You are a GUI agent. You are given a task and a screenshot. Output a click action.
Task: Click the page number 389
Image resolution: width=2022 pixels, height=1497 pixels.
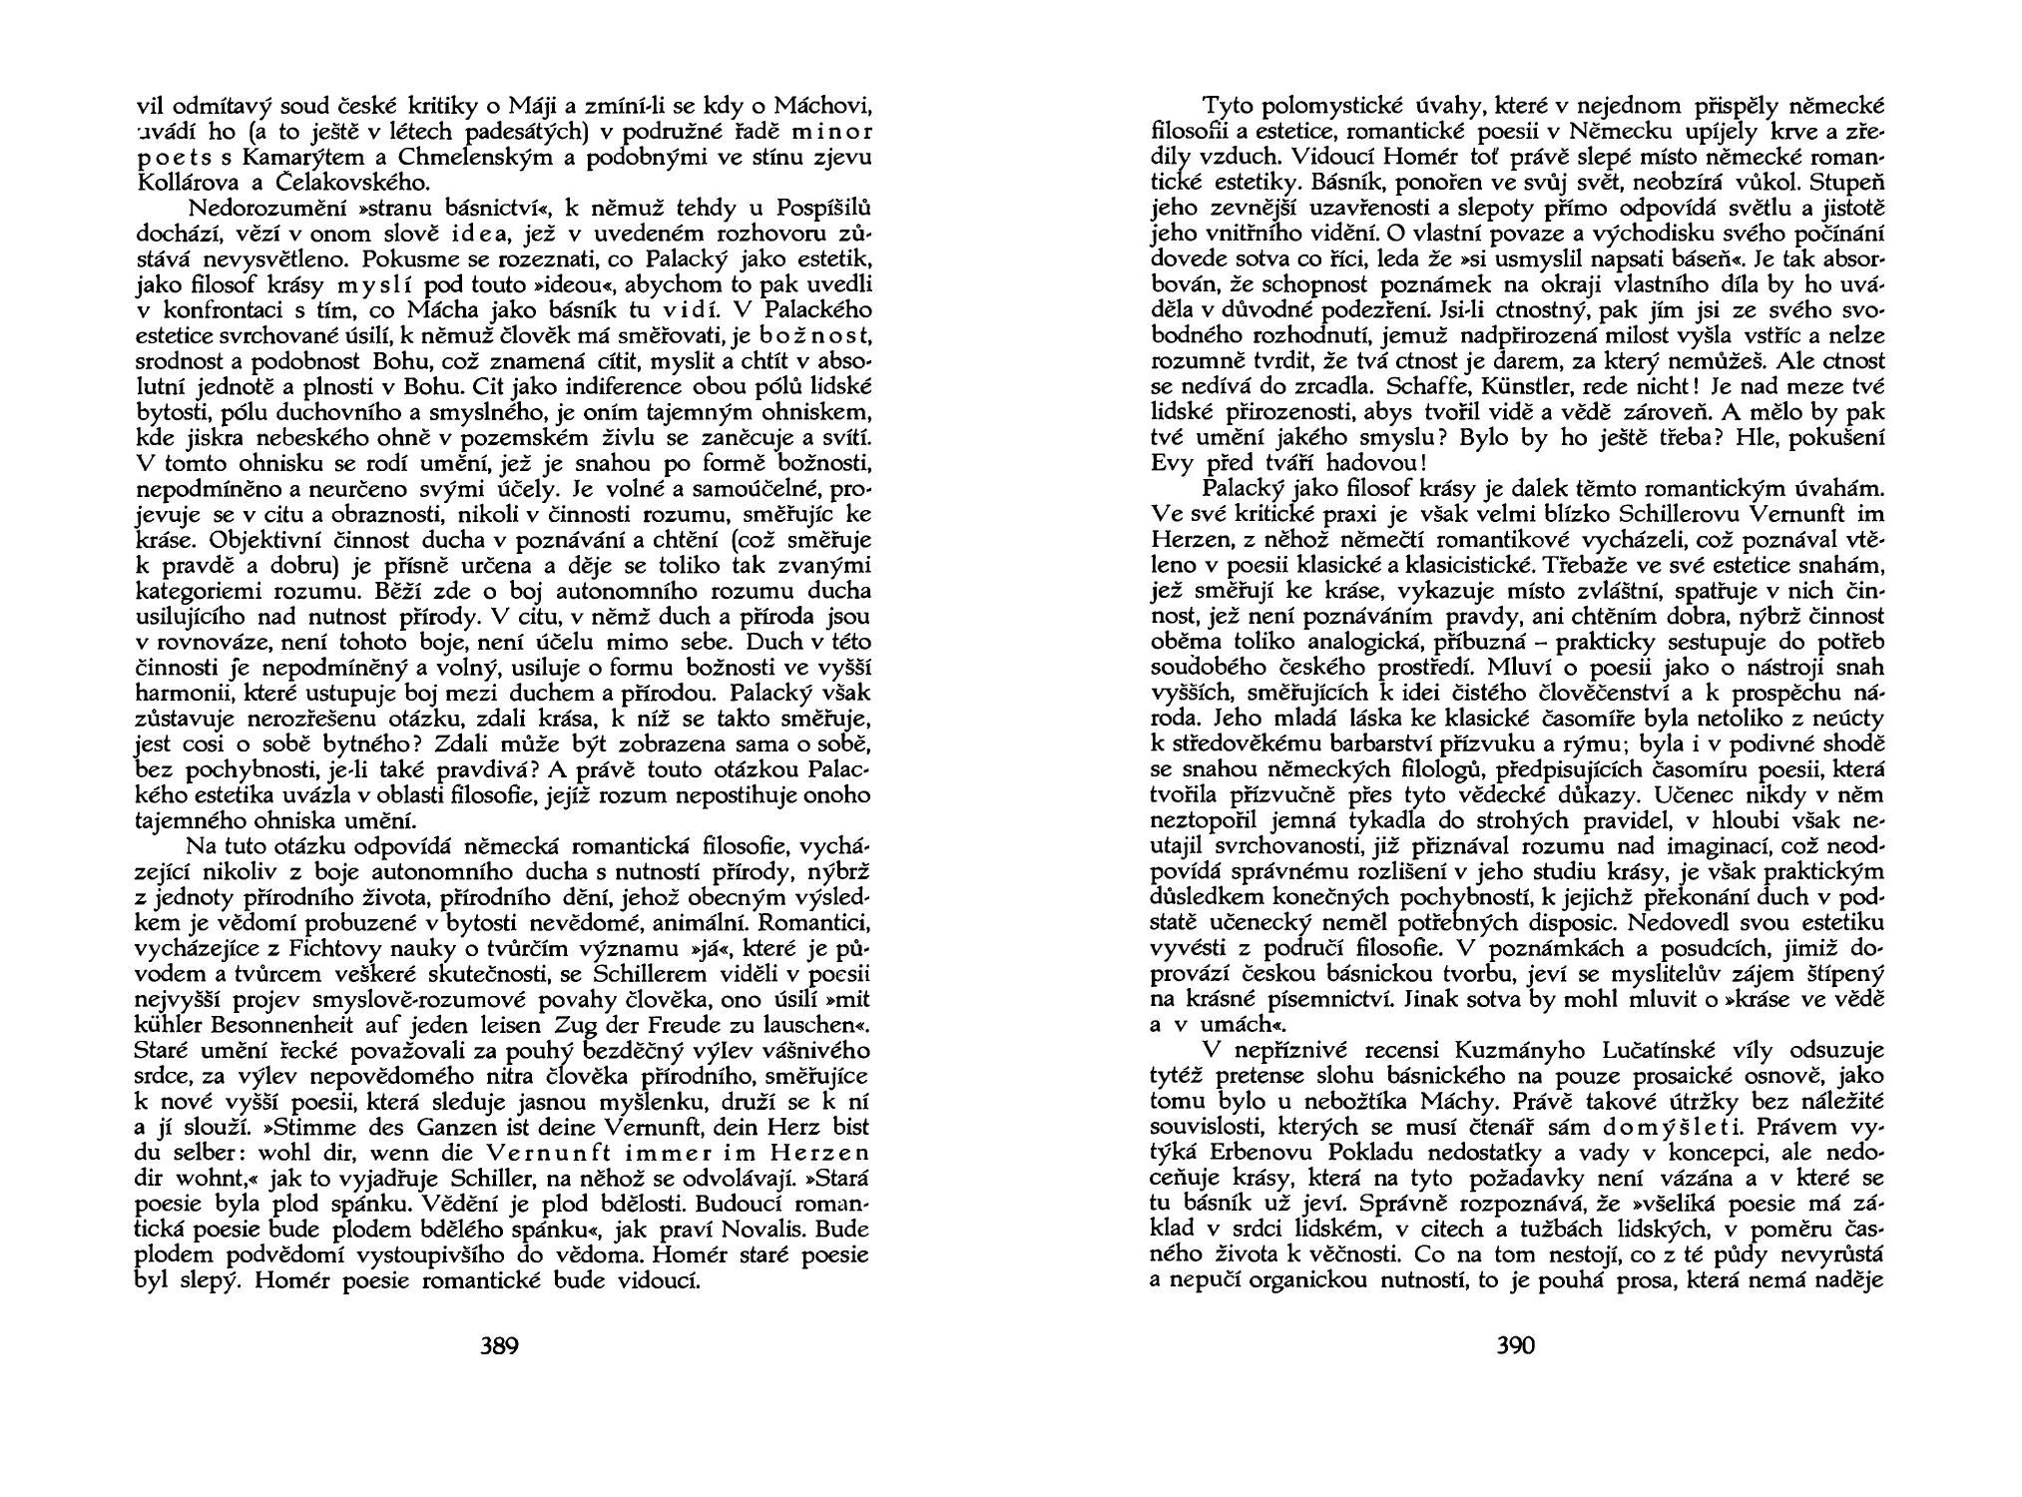tap(499, 1346)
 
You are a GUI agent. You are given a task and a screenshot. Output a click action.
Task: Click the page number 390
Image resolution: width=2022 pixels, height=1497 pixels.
tap(1515, 1346)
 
